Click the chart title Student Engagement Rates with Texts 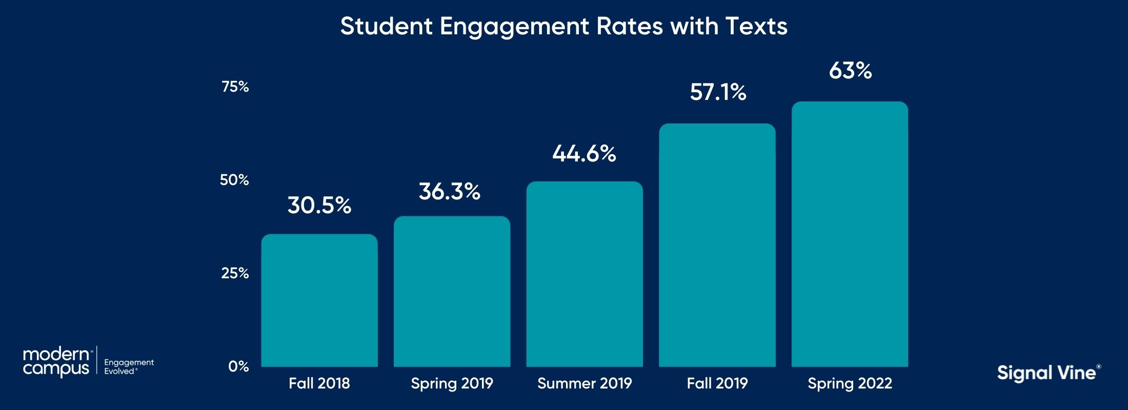pos(563,26)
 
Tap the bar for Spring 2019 pos(452,292)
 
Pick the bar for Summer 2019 pos(585,274)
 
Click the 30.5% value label pos(319,206)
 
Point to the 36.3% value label pos(450,192)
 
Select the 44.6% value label pos(584,154)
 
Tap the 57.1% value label pos(718,92)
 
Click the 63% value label pos(850,71)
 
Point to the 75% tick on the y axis pos(235,87)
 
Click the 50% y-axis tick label pos(234,180)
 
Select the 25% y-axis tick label pos(235,273)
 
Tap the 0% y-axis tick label pos(238,366)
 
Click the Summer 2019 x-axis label pos(585,383)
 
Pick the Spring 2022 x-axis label pos(850,383)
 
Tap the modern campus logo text pos(56,361)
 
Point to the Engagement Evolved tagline pos(129,366)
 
